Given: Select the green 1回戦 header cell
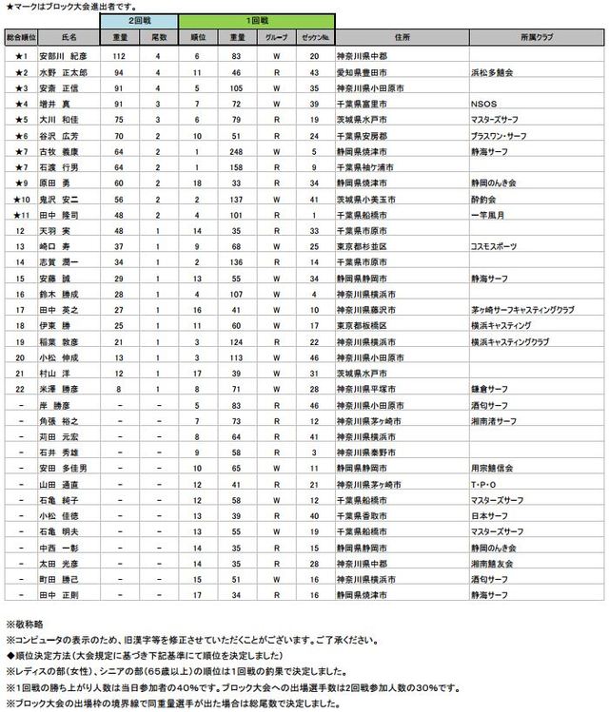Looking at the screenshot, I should coord(256,20).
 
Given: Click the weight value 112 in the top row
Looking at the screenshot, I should coord(120,57).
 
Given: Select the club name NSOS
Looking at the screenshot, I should coord(483,103).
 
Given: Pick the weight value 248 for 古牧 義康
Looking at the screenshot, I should coord(237,149).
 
